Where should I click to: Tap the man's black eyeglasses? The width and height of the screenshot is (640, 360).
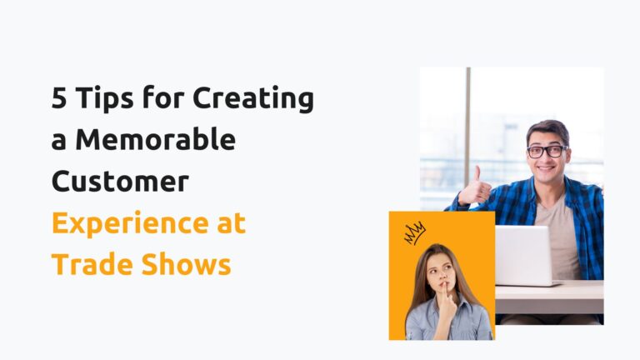tap(547, 152)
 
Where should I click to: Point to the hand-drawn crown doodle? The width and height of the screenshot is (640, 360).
tap(414, 232)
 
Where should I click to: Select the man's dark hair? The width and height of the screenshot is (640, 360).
tap(547, 131)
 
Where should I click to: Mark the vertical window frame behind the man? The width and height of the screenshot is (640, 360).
tap(467, 133)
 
